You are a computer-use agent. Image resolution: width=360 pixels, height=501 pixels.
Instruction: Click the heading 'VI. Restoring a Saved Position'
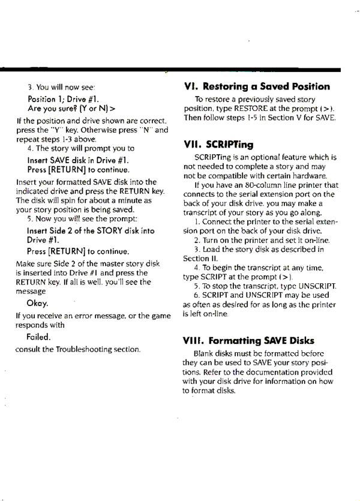point(256,86)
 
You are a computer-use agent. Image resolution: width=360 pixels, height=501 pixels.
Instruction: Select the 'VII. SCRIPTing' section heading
point(218,145)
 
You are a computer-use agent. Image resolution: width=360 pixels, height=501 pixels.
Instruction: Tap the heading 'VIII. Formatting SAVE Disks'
point(257,340)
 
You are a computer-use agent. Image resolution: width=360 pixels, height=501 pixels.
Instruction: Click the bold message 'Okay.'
point(38,302)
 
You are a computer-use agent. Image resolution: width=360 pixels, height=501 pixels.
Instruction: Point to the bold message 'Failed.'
point(38,337)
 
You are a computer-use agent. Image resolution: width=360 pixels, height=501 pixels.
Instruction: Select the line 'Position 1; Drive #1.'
point(63,98)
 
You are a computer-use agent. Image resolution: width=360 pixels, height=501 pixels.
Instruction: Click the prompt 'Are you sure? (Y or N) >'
point(71,109)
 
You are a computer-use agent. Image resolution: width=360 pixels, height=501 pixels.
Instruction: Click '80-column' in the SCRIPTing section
point(242,185)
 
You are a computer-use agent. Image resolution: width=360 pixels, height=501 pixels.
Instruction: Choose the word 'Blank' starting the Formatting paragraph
point(205,353)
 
